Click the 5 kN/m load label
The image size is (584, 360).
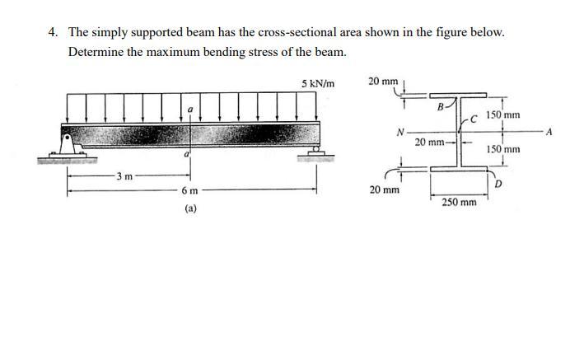click(x=318, y=83)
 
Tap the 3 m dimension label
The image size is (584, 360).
click(x=124, y=176)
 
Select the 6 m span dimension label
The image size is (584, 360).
click(x=190, y=190)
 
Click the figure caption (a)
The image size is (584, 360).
click(x=190, y=209)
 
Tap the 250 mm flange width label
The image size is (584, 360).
click(x=459, y=201)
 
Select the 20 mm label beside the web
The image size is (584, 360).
click(x=430, y=142)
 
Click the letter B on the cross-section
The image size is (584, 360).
click(x=440, y=107)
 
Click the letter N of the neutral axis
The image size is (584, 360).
click(x=400, y=132)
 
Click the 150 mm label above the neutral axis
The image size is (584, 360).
click(x=502, y=115)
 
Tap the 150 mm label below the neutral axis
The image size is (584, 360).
click(x=502, y=149)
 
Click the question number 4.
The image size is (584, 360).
click(x=53, y=32)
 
